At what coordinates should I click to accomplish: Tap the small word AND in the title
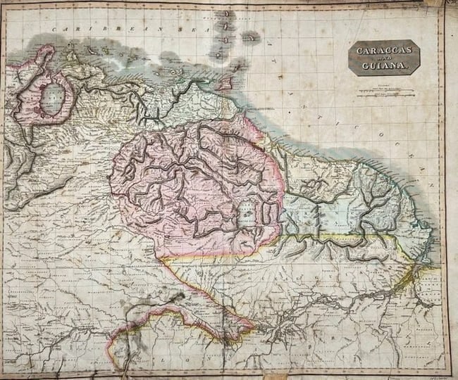click(x=383, y=59)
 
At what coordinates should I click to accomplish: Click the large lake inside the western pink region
click(x=51, y=101)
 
